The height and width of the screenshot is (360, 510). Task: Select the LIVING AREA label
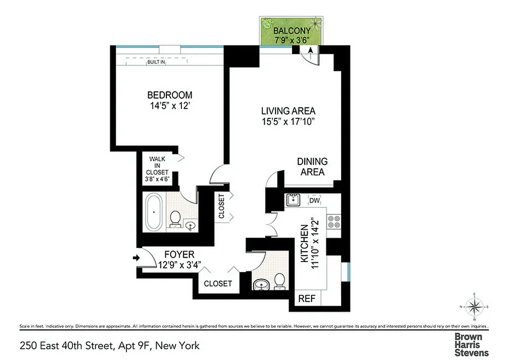pos(288,111)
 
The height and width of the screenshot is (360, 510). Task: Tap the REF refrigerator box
pos(307,298)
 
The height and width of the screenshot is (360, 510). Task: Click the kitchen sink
pos(293,199)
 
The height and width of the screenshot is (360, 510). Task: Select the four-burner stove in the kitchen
pos(334,221)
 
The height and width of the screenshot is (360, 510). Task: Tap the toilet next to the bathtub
pos(175,219)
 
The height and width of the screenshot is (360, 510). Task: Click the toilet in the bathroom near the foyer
pos(280,280)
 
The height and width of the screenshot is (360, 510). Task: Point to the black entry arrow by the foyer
pos(137,258)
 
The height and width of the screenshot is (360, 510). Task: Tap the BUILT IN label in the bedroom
pos(156,62)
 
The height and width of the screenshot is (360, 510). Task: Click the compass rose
pos(474,308)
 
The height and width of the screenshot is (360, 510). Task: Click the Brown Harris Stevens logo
pos(471,344)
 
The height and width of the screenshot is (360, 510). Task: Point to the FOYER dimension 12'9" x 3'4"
pos(176,265)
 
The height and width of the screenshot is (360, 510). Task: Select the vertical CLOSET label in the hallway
pos(221,206)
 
